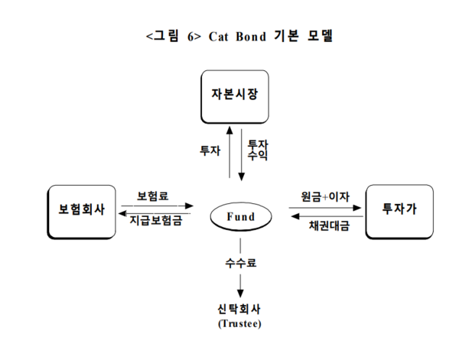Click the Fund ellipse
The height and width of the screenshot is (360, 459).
[241, 217]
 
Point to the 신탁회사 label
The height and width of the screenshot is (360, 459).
[240, 310]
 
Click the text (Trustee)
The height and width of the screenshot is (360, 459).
[240, 323]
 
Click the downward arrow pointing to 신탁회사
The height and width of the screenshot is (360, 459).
[241, 286]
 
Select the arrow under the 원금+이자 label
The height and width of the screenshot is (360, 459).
[325, 206]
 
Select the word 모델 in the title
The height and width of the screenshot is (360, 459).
[321, 36]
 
